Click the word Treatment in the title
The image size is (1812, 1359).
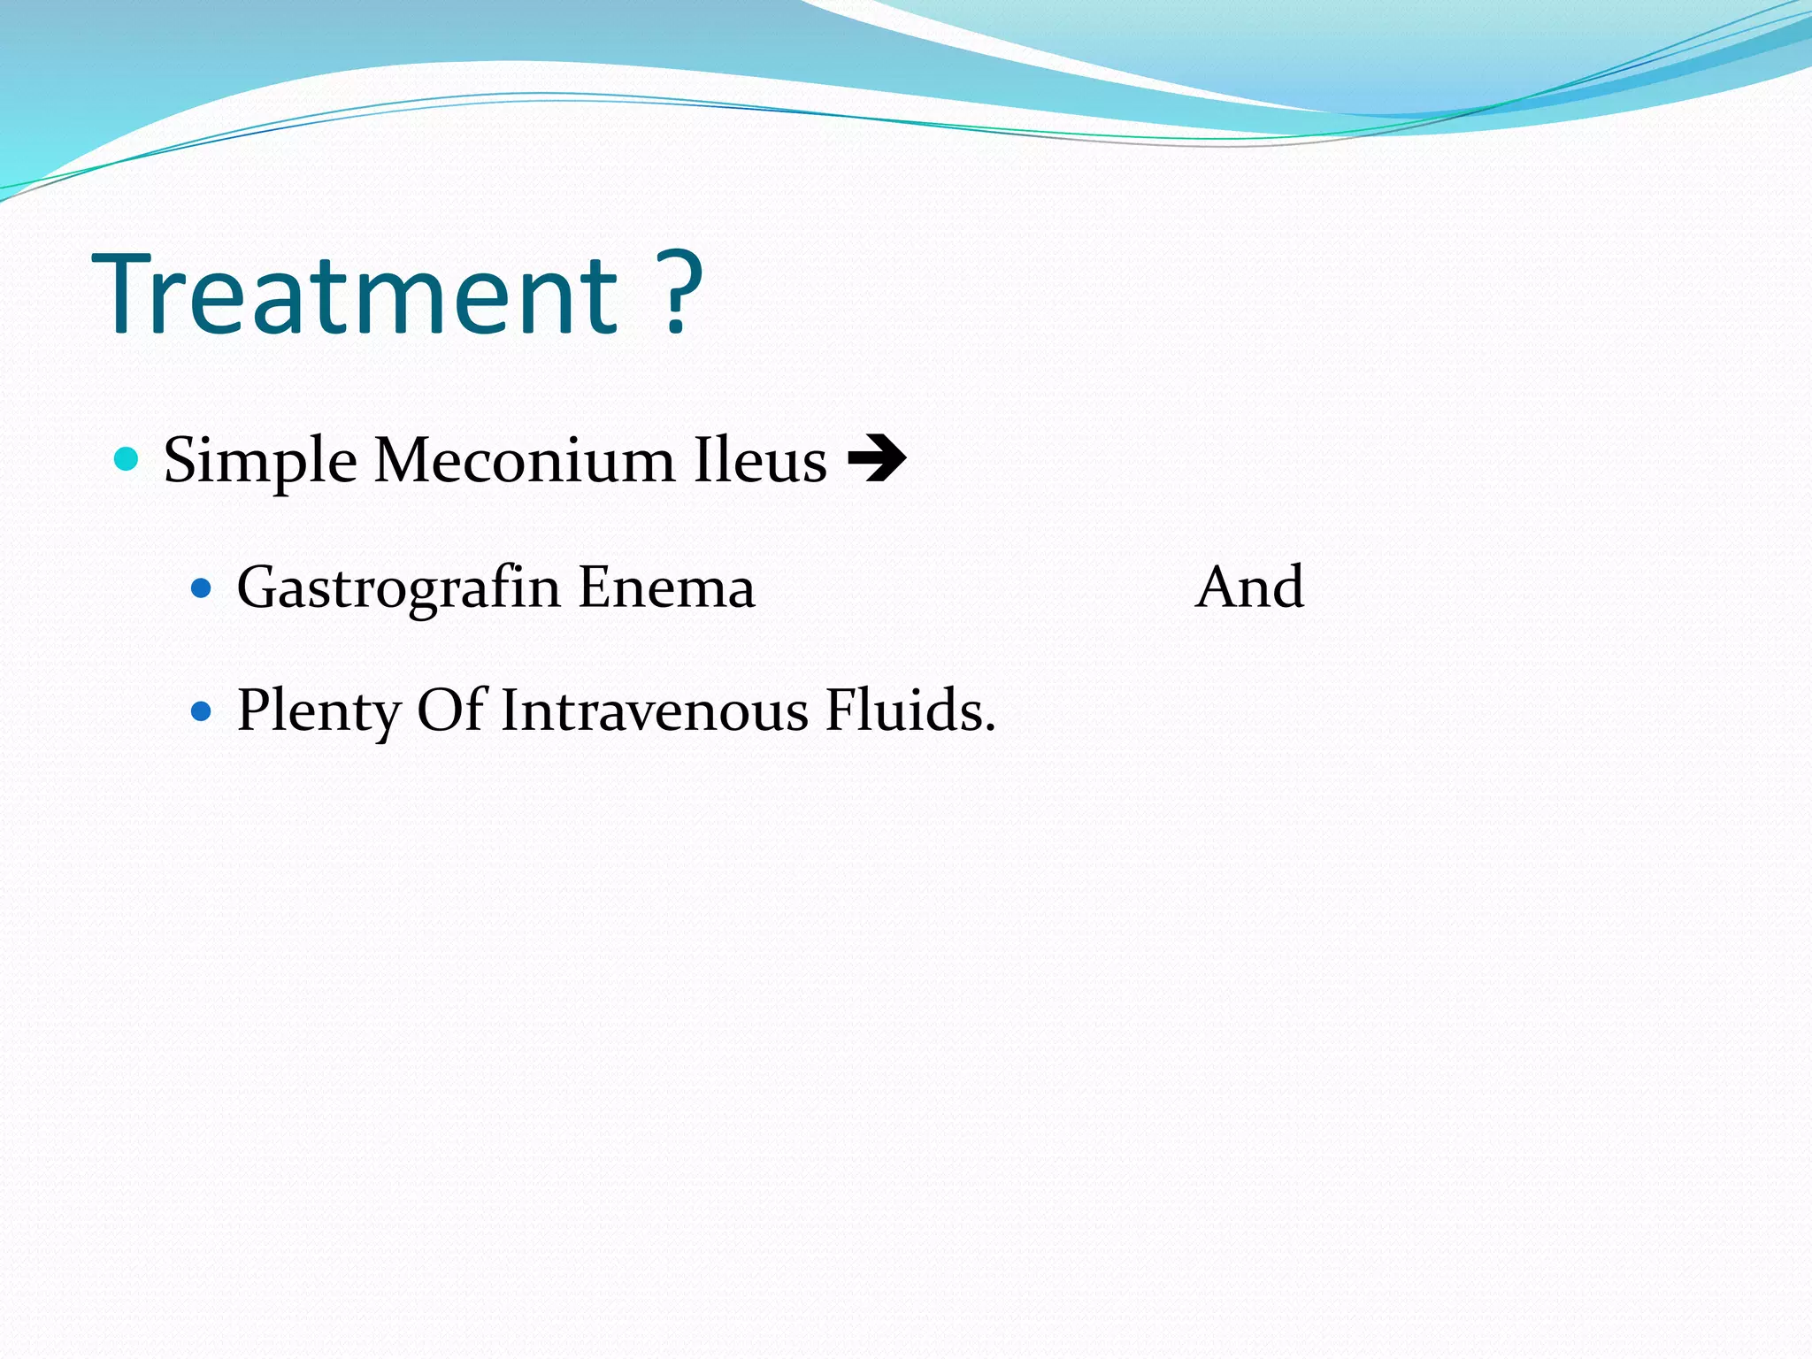coord(354,294)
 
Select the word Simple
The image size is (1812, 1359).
coord(260,461)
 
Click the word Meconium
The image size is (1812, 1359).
coord(524,460)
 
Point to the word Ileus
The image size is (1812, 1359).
coord(760,460)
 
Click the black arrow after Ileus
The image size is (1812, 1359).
coord(876,459)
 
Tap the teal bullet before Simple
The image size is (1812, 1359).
coord(127,459)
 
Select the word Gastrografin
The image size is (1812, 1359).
coord(398,587)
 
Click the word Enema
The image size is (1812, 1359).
coord(666,587)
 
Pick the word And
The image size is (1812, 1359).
coord(1248,587)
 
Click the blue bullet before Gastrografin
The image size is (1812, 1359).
coord(202,587)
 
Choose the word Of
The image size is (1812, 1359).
coord(451,710)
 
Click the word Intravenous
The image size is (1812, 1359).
coord(654,710)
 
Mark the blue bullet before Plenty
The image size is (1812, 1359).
coord(202,710)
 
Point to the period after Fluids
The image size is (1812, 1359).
coord(990,728)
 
